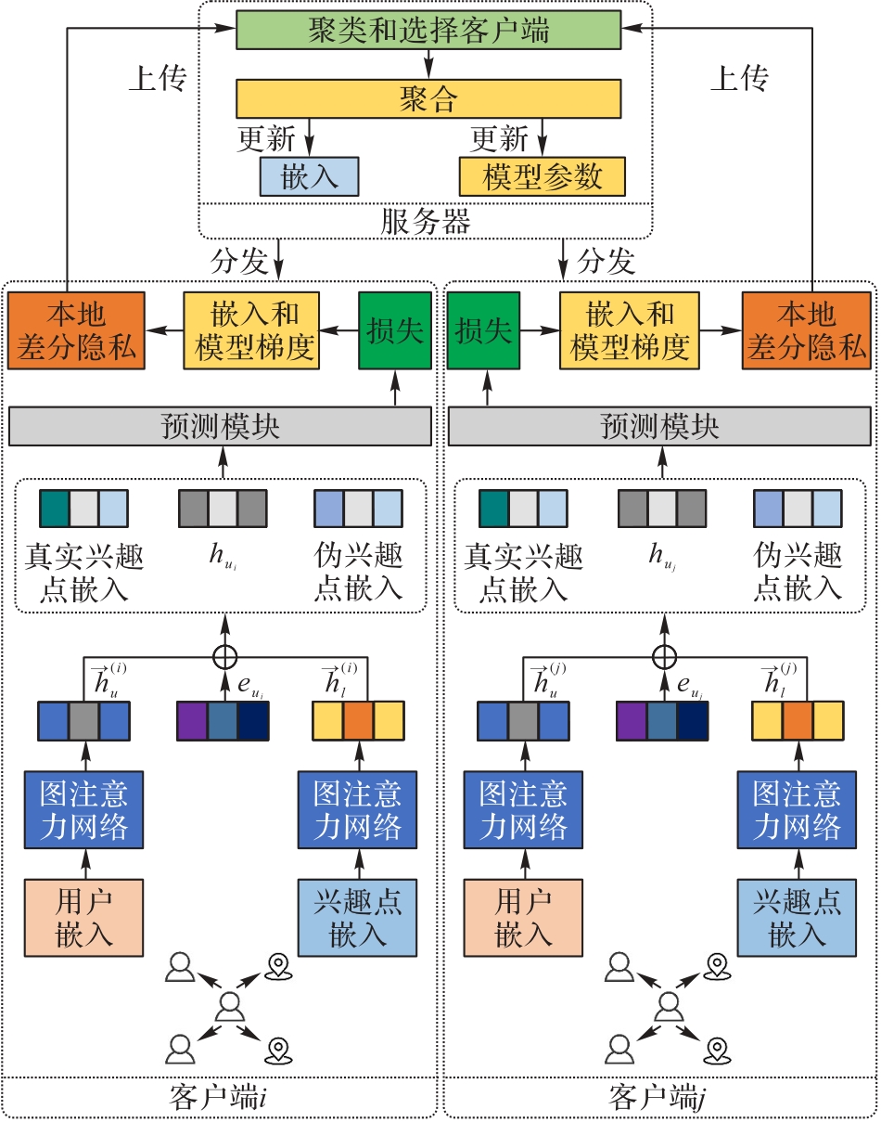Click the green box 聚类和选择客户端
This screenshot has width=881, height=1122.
coord(428,31)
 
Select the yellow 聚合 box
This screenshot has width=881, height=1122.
coord(428,97)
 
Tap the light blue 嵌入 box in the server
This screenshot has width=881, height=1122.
coord(308,175)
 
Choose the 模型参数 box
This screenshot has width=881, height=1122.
coord(542,175)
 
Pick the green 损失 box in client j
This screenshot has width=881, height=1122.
coord(482,329)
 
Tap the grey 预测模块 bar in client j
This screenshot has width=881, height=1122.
coord(660,426)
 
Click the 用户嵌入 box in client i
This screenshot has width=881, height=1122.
coord(83,916)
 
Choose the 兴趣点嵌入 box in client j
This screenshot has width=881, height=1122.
coord(797,916)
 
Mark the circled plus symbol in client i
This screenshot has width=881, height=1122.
coord(223,656)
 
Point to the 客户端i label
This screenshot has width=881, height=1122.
coord(220,1095)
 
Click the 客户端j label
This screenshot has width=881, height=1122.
coord(659,1095)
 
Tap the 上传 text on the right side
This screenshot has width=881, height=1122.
coord(738,79)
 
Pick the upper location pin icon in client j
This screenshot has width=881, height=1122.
coord(714,966)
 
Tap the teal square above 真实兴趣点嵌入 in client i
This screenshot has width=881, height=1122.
coord(55,509)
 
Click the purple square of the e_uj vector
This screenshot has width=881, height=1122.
coord(632,720)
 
